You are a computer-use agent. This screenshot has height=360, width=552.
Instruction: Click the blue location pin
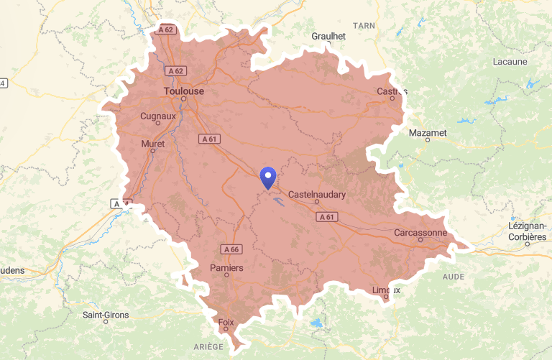(x=268, y=177)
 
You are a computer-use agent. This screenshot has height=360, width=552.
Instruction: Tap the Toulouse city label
(x=184, y=91)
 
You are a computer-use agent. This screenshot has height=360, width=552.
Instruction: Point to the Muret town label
(x=153, y=144)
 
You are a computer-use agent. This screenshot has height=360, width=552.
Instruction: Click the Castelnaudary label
(x=317, y=195)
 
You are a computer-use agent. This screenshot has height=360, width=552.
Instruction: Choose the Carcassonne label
(x=420, y=233)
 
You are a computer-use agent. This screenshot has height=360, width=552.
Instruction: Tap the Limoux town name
(x=386, y=290)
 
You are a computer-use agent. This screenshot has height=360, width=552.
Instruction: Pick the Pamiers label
(x=226, y=268)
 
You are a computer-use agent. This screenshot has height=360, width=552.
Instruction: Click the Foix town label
(x=226, y=322)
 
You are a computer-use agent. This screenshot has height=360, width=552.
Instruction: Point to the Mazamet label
(x=428, y=133)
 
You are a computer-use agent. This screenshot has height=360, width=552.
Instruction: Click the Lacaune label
(x=510, y=62)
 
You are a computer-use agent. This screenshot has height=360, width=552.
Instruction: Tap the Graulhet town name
(x=329, y=36)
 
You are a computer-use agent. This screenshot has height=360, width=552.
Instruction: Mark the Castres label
(x=392, y=91)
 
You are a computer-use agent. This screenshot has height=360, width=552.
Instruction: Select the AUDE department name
(x=453, y=276)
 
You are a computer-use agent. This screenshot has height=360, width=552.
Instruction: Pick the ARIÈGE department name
(x=208, y=346)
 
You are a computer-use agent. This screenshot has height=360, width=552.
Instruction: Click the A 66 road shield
(x=231, y=249)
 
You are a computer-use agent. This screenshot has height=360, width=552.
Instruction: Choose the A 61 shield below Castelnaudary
(x=326, y=216)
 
